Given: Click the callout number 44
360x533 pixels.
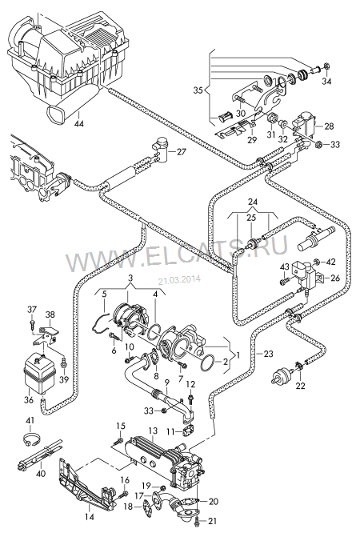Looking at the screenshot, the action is coord(78,124).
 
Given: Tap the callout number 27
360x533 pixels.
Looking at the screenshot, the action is coord(182,151).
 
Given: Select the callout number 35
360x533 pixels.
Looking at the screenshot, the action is coord(199,90).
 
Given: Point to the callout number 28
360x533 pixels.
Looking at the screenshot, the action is coord(329,126).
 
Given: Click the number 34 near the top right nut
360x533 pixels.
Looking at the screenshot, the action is coord(326,81).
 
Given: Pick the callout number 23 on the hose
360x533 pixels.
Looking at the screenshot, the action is coord(268,354).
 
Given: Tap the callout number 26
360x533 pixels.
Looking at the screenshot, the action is coord(335,278).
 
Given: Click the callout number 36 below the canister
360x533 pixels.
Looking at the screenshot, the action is coord(29,400).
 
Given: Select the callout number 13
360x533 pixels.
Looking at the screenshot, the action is coord(153,431).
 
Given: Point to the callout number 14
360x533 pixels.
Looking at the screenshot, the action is coord(89,517).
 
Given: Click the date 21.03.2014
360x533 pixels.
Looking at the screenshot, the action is coord(179,280).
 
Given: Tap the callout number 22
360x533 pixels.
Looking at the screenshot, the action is coord(301,386).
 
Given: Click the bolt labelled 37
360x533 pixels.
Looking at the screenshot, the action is coord(32,323).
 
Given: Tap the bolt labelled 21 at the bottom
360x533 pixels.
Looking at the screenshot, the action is coord(198,520).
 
